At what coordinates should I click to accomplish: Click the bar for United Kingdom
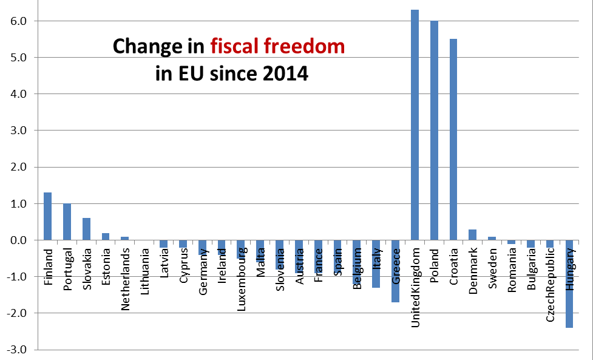point(415,124)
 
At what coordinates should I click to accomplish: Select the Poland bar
point(435,130)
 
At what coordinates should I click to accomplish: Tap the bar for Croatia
point(453,139)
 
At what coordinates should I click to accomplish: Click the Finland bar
point(48,216)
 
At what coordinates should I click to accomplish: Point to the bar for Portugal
point(67,222)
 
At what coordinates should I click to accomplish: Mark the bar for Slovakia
point(86,229)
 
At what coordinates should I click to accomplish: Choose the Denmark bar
point(473,234)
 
